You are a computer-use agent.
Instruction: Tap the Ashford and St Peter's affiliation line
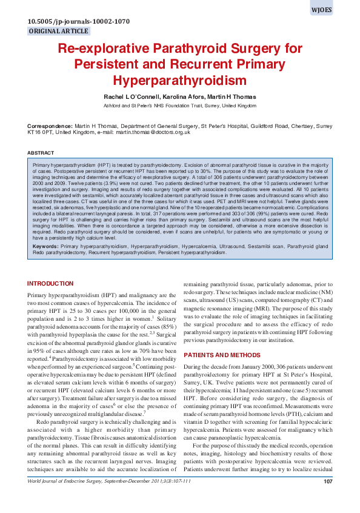click(x=180, y=106)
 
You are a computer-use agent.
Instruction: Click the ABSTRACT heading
click(x=41, y=152)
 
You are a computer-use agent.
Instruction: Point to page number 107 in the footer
click(x=328, y=498)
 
